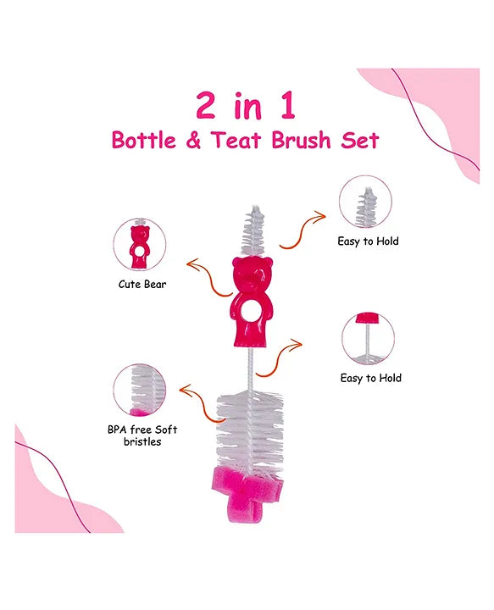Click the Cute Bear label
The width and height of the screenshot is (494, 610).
[142, 284]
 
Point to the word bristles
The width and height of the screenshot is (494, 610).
[140, 442]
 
